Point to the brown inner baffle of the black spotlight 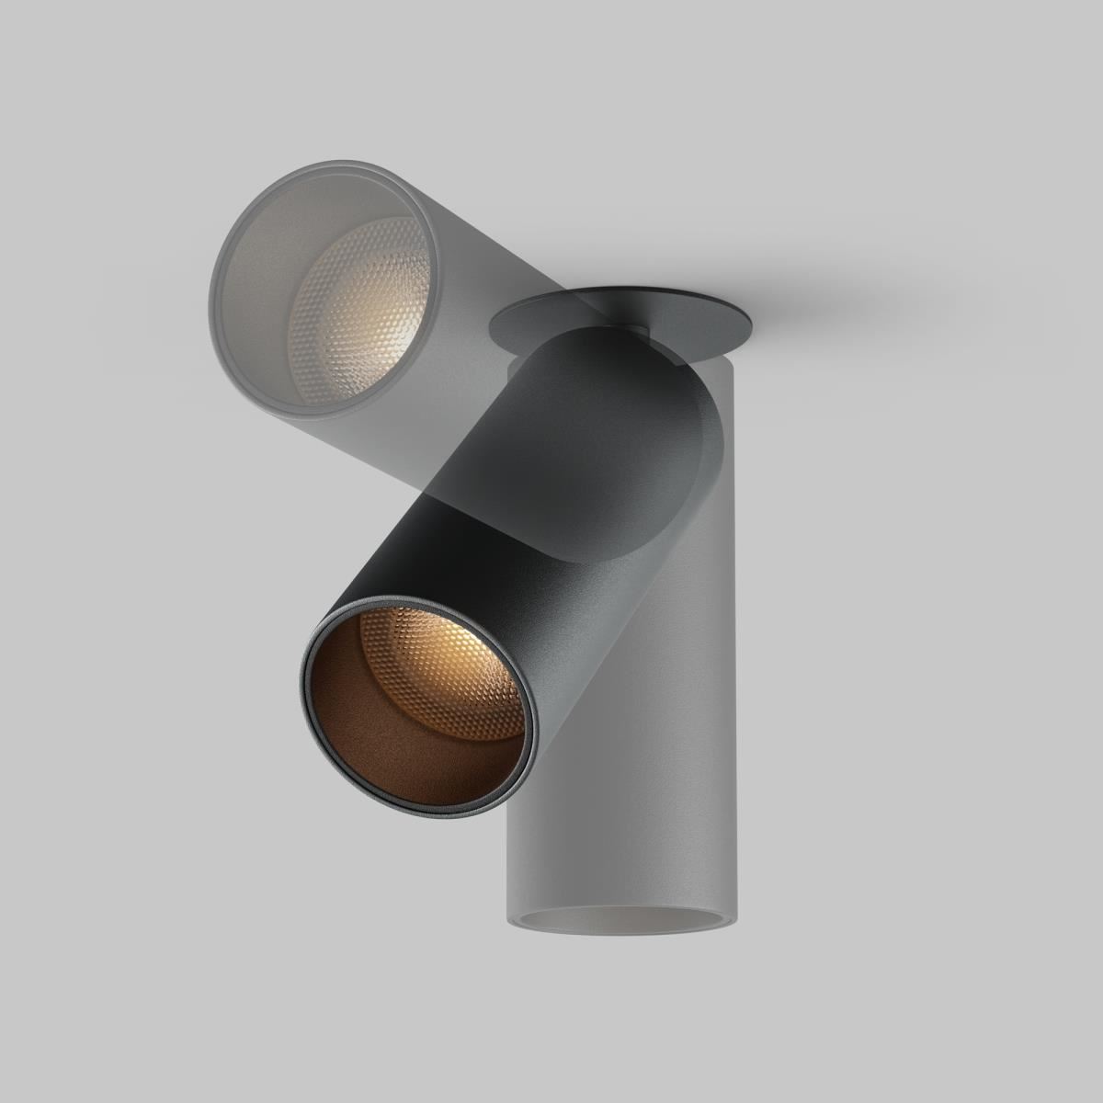(368, 726)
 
